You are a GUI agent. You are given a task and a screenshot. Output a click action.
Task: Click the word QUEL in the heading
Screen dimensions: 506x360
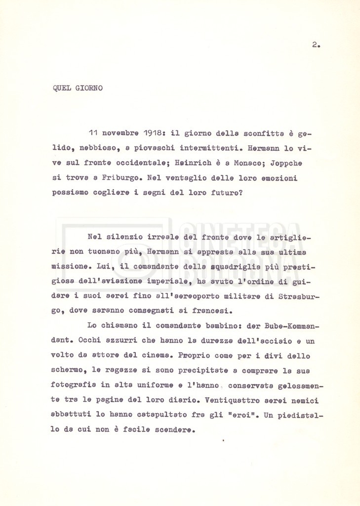[x=61, y=88]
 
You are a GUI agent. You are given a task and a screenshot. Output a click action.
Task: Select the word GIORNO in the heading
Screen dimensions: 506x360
[x=89, y=88]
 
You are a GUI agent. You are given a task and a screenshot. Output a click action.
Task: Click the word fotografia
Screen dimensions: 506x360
[x=74, y=385]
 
